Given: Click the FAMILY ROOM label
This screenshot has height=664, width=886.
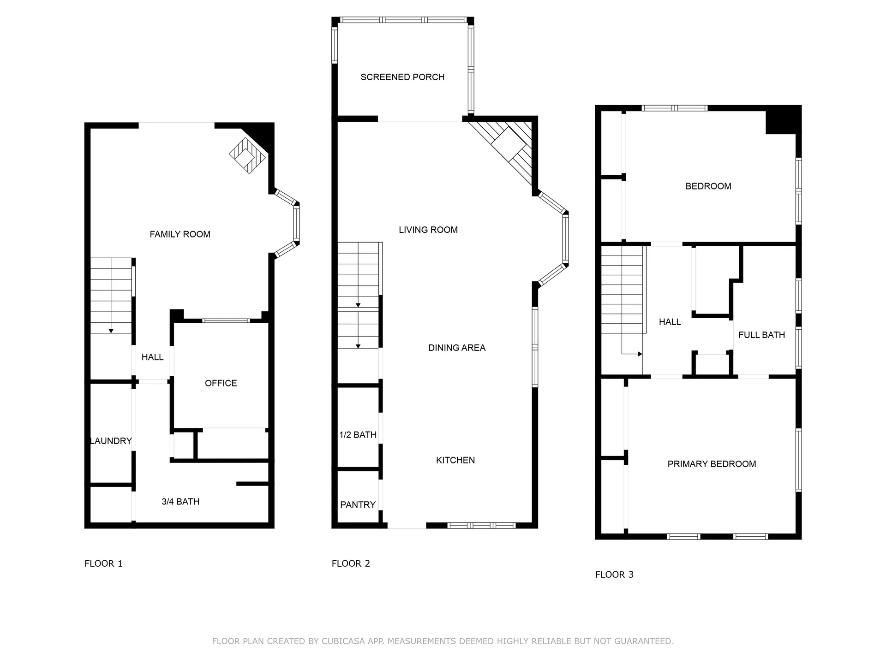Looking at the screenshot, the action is pyautogui.click(x=180, y=234).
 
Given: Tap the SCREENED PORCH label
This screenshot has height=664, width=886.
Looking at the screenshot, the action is pyautogui.click(x=402, y=77).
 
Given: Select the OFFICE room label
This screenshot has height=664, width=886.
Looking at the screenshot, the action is pyautogui.click(x=221, y=383).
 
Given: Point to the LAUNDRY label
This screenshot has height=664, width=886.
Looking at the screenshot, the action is pyautogui.click(x=111, y=441).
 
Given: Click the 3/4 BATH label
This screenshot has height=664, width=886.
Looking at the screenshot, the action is pyautogui.click(x=180, y=502).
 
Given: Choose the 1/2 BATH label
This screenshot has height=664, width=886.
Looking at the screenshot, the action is pyautogui.click(x=358, y=435).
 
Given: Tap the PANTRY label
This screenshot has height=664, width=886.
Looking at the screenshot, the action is pyautogui.click(x=358, y=505).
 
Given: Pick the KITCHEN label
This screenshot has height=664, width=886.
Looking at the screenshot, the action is pyautogui.click(x=455, y=460).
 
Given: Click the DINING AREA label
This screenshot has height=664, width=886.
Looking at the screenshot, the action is pyautogui.click(x=457, y=348).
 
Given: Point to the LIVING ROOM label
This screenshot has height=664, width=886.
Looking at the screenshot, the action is pyautogui.click(x=428, y=230).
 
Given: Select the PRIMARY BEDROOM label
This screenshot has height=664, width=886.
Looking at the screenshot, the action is pyautogui.click(x=712, y=464).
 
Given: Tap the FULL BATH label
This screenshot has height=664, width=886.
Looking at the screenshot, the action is pyautogui.click(x=761, y=335).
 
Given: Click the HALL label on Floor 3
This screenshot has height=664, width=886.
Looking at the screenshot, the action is pyautogui.click(x=670, y=322).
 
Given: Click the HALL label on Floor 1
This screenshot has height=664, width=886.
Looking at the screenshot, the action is pyautogui.click(x=152, y=357).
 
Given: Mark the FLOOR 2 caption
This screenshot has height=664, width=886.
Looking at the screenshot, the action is pyautogui.click(x=351, y=563).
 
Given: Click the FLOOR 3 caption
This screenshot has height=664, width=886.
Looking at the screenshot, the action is pyautogui.click(x=614, y=575).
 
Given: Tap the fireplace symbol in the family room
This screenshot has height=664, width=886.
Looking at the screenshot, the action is pyautogui.click(x=248, y=155).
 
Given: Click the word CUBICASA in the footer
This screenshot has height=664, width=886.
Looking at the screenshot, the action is pyautogui.click(x=343, y=641).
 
